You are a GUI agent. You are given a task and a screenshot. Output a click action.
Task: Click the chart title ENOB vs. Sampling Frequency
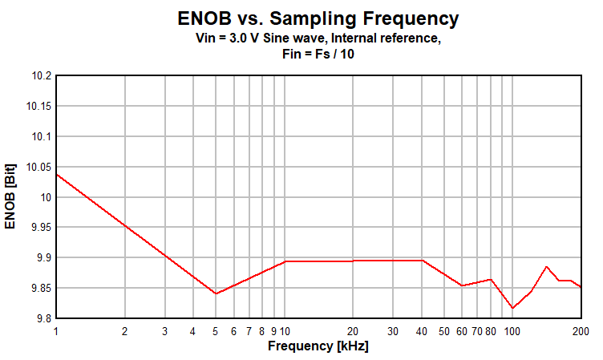click(318, 18)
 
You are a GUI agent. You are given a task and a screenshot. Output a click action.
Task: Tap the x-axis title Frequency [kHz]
click(318, 346)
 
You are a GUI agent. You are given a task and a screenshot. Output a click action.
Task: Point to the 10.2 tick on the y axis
click(41, 76)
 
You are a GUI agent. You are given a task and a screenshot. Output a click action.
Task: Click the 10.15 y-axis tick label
click(38, 107)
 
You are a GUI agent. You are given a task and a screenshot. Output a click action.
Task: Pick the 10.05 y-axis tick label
click(38, 168)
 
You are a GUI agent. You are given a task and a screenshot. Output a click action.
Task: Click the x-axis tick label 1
click(56, 331)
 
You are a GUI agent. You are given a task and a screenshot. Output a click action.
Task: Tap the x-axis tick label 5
click(215, 331)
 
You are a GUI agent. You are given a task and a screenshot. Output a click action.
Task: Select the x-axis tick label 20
click(353, 331)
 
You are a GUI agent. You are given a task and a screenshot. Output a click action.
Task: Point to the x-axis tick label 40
click(422, 331)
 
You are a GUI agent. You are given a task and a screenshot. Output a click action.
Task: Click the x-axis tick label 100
click(512, 331)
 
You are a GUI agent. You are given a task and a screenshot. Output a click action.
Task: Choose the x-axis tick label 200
click(581, 331)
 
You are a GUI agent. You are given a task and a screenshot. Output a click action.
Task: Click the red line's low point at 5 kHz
click(215, 293)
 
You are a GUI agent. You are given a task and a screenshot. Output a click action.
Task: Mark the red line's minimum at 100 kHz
click(512, 308)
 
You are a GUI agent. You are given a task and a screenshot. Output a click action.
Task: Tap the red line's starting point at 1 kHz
click(56, 174)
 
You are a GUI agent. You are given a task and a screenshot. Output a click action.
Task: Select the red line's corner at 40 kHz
click(422, 260)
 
